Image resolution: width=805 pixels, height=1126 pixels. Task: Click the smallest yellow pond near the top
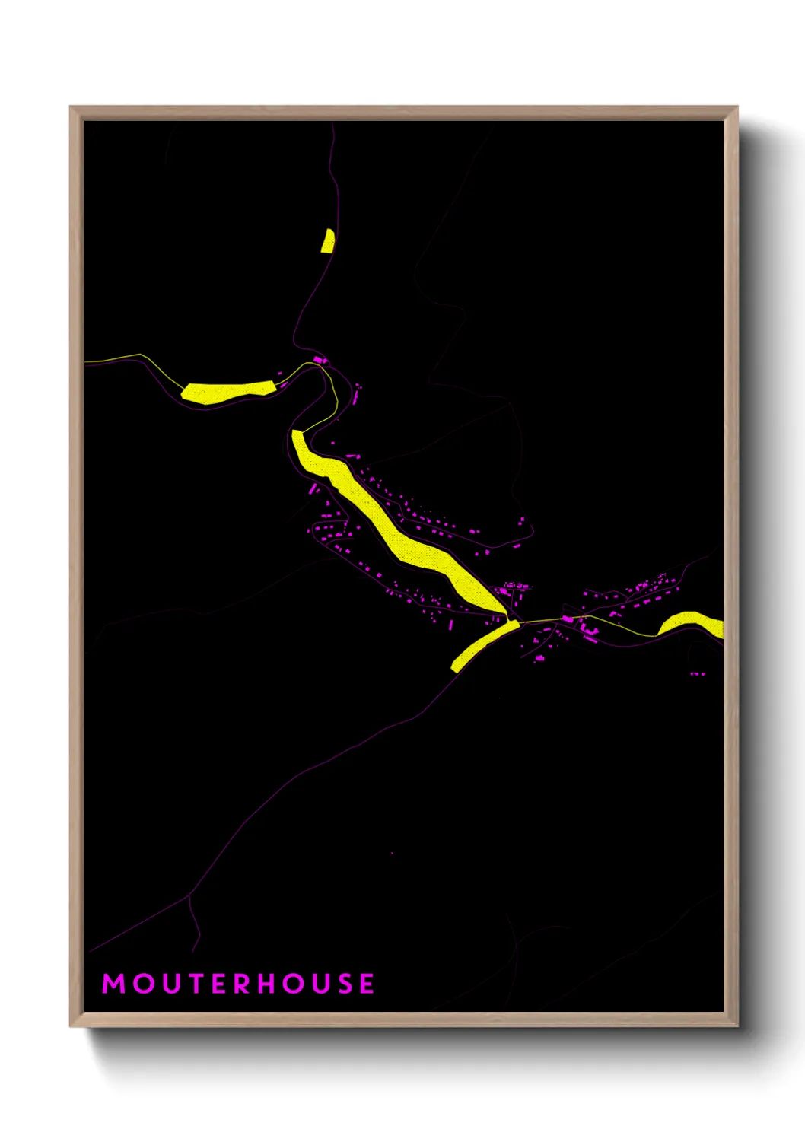(x=328, y=240)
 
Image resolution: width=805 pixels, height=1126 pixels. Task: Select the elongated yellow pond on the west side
(x=227, y=391)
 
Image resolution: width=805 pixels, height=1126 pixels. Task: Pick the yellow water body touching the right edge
(x=692, y=623)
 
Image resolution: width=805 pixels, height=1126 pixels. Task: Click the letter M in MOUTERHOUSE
(x=113, y=984)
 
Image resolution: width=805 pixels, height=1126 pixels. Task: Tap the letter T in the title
(x=194, y=984)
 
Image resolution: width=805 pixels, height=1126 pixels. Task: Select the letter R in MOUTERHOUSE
(x=242, y=984)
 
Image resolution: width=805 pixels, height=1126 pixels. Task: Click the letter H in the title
(x=267, y=984)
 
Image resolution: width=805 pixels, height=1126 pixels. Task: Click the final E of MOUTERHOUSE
(x=367, y=984)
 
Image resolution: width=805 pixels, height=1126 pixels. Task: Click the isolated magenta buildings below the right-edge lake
(x=697, y=673)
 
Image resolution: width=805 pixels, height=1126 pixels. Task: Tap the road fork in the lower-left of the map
(x=188, y=896)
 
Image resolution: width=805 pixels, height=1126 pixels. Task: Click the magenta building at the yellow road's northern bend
(x=319, y=359)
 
